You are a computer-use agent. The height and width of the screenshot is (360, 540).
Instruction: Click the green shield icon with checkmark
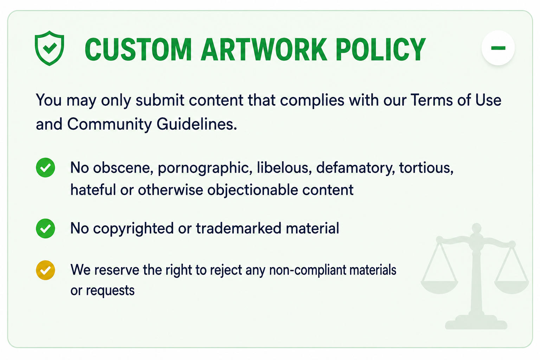point(50,48)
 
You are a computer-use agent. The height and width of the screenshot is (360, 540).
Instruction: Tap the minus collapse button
point(498,48)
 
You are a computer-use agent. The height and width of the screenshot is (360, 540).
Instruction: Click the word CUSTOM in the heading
point(138,50)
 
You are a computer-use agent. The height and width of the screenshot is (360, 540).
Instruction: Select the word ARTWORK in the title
point(264,50)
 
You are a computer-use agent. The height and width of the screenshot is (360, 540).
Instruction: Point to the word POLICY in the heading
point(381,50)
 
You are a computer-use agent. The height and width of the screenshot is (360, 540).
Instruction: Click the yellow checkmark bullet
point(45,270)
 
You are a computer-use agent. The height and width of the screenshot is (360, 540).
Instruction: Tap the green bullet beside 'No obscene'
point(45,168)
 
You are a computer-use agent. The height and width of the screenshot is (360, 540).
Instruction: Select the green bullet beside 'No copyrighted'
point(45,229)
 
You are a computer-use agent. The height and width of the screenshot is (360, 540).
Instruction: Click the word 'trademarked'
point(239,228)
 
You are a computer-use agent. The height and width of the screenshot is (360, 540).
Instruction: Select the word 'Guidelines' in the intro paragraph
point(197,124)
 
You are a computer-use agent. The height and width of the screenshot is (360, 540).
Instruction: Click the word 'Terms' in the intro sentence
point(432,100)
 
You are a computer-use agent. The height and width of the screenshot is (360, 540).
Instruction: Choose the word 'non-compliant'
point(307,270)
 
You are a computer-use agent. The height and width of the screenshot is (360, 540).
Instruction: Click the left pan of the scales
point(439,287)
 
